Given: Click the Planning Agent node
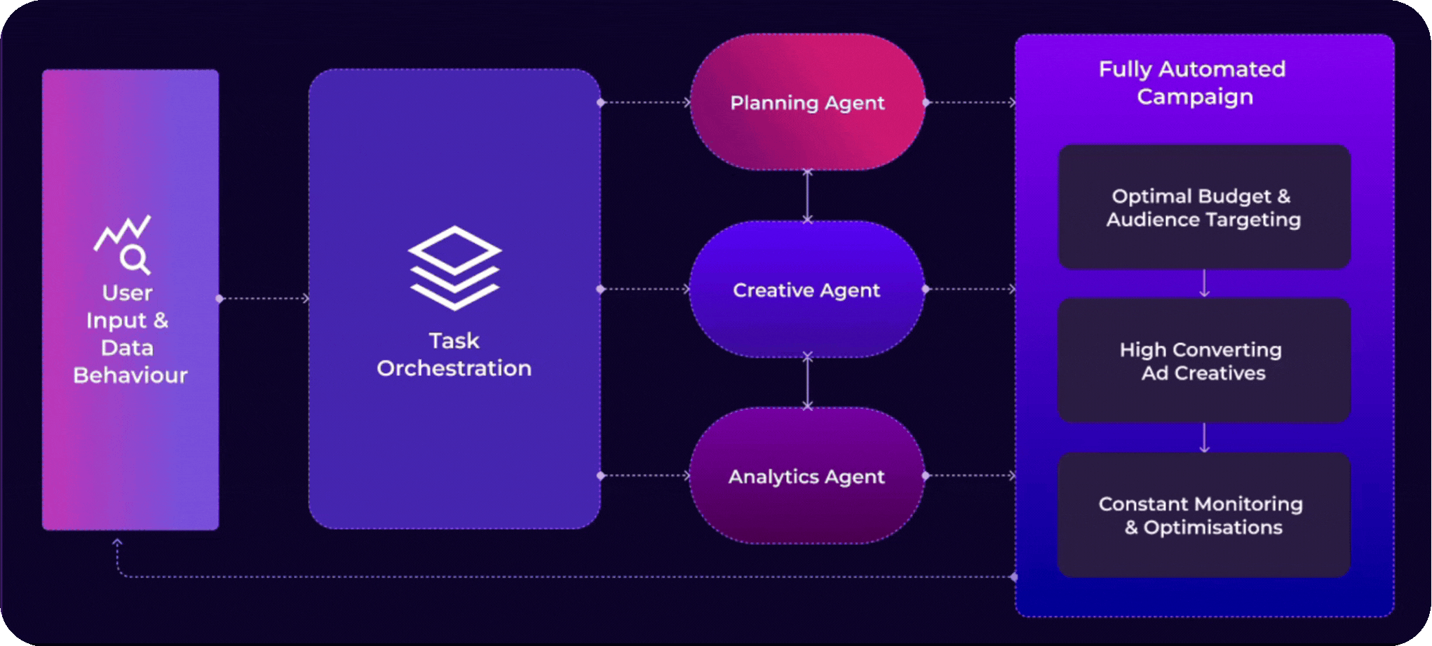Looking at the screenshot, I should coord(807,102).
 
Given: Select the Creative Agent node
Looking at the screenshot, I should coord(806,290).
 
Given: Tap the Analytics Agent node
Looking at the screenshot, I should coord(806,476).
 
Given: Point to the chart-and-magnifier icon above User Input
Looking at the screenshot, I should coord(124,244).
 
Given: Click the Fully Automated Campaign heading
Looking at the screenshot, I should coord(1193,83).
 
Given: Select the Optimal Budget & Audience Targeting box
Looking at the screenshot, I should coord(1204,208).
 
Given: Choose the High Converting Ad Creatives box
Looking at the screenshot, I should coord(1203,361).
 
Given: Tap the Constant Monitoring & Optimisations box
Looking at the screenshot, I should coord(1203,516).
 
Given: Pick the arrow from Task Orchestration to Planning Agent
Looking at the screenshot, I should coord(645,102).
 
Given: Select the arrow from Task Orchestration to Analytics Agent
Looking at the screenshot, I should coord(645,476).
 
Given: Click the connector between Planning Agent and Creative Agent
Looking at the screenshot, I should coord(807,196).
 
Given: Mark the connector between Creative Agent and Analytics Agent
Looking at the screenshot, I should coord(807,382).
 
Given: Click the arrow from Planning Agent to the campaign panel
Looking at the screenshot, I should coord(971,102).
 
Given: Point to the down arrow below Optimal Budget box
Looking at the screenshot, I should coord(1204,283).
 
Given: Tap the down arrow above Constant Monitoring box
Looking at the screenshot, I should coord(1204,438).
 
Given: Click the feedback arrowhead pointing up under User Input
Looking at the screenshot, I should coord(117,543).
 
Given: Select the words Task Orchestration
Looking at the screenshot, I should coord(454,355).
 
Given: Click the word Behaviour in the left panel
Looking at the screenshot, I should coord(130,375).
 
